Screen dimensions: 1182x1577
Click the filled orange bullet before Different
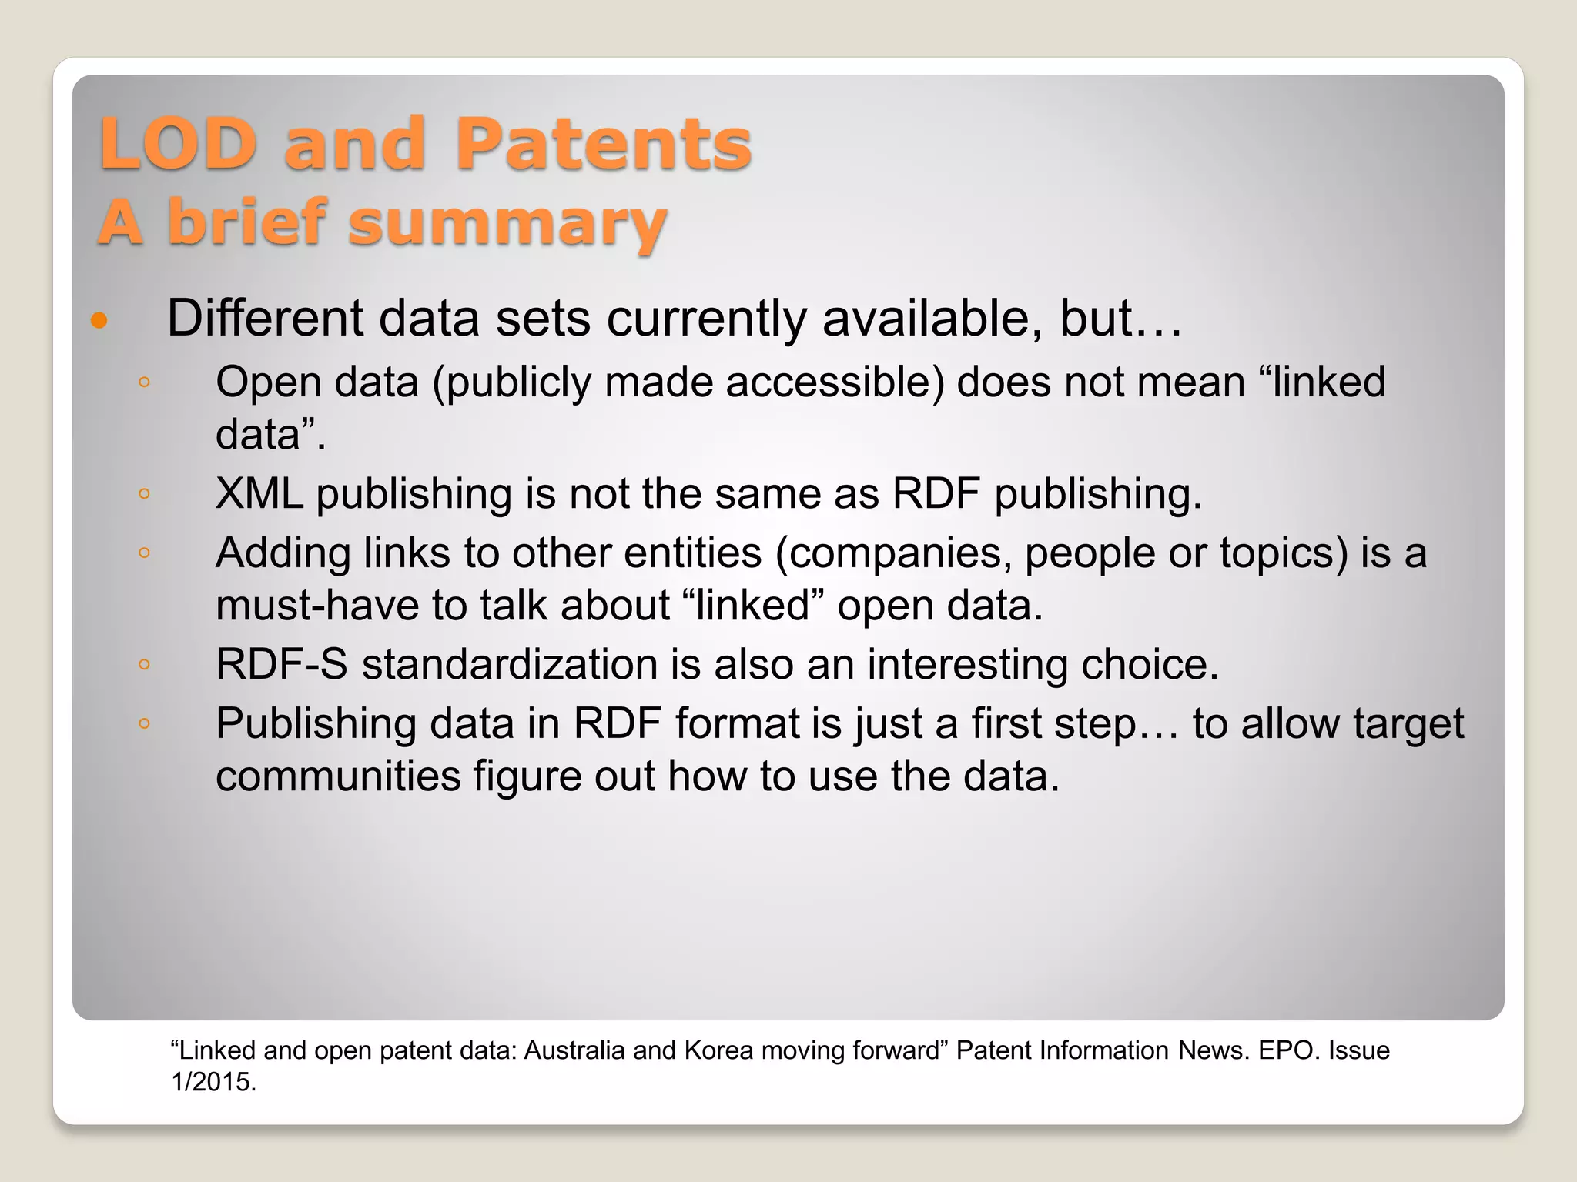99,320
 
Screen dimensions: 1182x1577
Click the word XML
259,493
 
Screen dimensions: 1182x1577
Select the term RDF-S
282,664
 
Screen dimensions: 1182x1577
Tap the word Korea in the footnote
718,1050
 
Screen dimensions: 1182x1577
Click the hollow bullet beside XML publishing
144,494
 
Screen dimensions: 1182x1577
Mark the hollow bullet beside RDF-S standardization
144,665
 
